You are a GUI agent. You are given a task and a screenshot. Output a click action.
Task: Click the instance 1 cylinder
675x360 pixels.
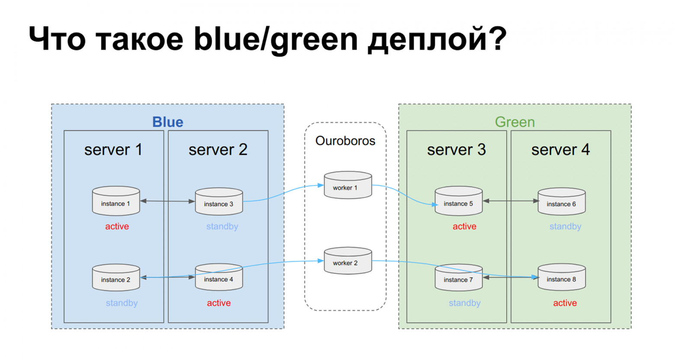116,201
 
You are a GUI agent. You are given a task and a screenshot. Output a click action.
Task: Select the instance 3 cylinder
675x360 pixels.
219,202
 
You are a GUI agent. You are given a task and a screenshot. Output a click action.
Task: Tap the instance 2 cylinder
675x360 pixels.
116,278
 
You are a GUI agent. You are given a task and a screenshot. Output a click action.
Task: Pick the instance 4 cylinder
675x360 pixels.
219,277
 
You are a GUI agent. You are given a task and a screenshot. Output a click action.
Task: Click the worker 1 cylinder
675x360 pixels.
347,186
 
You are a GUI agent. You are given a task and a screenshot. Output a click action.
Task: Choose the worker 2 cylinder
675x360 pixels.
347,261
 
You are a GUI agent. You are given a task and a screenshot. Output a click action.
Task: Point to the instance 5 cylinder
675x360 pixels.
458,201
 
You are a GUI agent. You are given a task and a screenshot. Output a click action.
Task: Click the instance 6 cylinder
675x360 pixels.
561,202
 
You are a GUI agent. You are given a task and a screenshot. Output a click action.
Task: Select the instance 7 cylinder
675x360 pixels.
458,278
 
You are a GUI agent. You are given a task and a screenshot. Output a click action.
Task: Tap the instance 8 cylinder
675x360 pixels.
561,277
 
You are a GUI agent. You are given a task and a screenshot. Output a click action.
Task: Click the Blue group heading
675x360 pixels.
167,122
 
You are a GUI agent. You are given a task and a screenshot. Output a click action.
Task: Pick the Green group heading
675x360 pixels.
514,122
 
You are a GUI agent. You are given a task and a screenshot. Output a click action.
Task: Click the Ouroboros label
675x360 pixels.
345,141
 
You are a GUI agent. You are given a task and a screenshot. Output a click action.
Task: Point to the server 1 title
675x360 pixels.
113,150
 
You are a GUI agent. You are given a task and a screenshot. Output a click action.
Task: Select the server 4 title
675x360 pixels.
560,150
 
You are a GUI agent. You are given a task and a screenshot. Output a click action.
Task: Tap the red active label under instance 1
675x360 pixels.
117,226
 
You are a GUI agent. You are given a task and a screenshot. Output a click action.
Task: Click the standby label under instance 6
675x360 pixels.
565,226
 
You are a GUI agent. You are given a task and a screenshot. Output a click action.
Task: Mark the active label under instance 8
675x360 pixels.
565,303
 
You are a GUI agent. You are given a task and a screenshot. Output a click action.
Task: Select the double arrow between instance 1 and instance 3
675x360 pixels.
167,201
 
